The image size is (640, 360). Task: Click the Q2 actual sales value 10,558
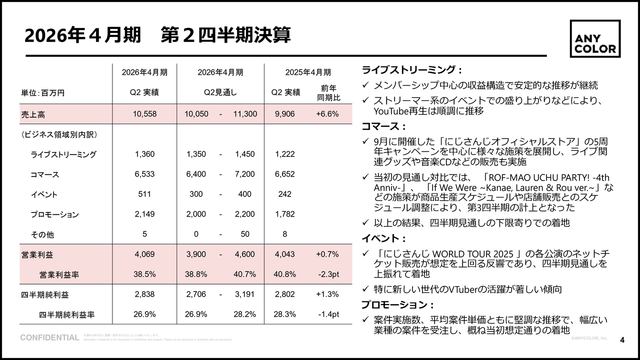pyautogui.click(x=144, y=114)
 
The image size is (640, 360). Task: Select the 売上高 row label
pyautogui.click(x=33, y=114)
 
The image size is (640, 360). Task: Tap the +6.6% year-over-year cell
pyautogui.click(x=327, y=114)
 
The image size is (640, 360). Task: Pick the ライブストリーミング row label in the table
pyautogui.click(x=63, y=154)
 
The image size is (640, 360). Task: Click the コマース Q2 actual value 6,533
pyautogui.click(x=144, y=174)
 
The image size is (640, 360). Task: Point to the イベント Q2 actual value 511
pyautogui.click(x=144, y=194)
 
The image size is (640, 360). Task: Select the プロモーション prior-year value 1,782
pyautogui.click(x=284, y=214)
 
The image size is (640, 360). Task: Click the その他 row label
pyautogui.click(x=42, y=234)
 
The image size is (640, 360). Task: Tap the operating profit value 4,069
pyautogui.click(x=144, y=254)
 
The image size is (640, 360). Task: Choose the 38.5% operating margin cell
pyautogui.click(x=144, y=274)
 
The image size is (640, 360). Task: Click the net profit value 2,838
pyautogui.click(x=144, y=294)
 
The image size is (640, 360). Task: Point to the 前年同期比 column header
pyautogui.click(x=328, y=92)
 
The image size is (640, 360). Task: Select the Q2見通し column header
pyautogui.click(x=220, y=92)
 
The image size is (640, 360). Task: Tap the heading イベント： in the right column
pyautogui.click(x=384, y=238)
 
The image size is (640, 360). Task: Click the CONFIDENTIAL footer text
pyautogui.click(x=49, y=338)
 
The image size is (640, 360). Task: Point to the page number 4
pyautogui.click(x=622, y=340)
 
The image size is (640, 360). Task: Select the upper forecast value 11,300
pyautogui.click(x=245, y=114)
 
